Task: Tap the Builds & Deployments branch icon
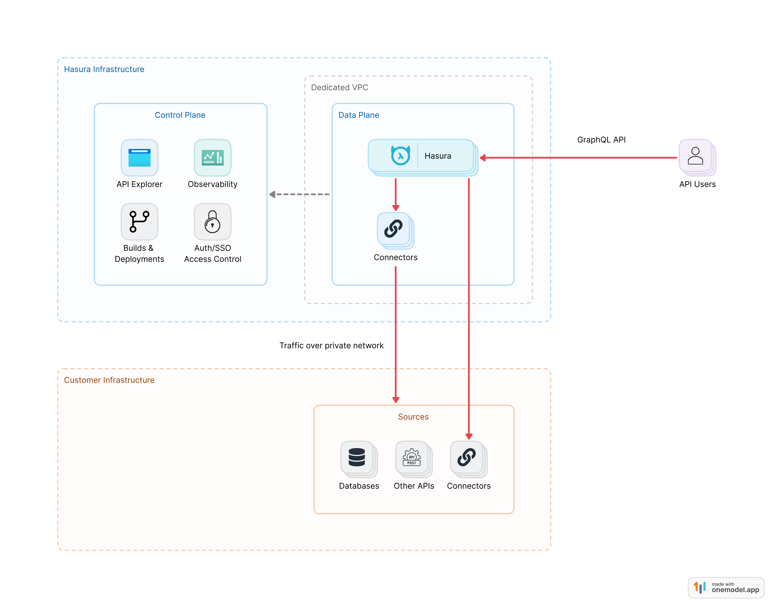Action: (x=139, y=221)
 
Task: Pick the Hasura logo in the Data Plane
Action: (x=400, y=156)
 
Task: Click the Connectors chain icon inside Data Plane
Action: (x=393, y=229)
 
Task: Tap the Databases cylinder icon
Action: (x=357, y=457)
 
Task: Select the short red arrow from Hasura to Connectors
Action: (x=395, y=194)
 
